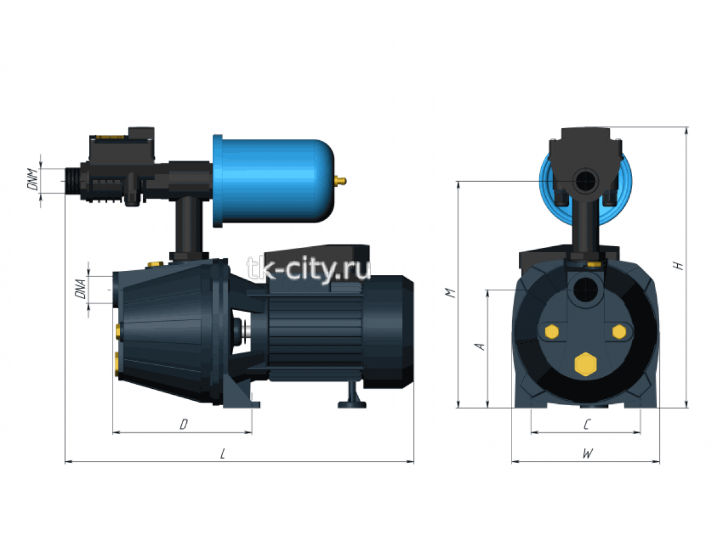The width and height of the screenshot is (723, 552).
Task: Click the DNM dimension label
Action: coord(33,179)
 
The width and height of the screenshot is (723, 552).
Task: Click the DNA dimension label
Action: coord(80,289)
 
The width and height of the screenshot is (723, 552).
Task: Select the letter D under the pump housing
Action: coord(184,424)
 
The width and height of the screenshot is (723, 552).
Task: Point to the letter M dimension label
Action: coord(450,293)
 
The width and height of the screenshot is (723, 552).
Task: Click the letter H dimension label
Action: coord(678,265)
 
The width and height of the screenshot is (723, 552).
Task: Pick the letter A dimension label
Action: coord(480,346)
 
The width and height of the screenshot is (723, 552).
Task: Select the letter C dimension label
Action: coord(587,424)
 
